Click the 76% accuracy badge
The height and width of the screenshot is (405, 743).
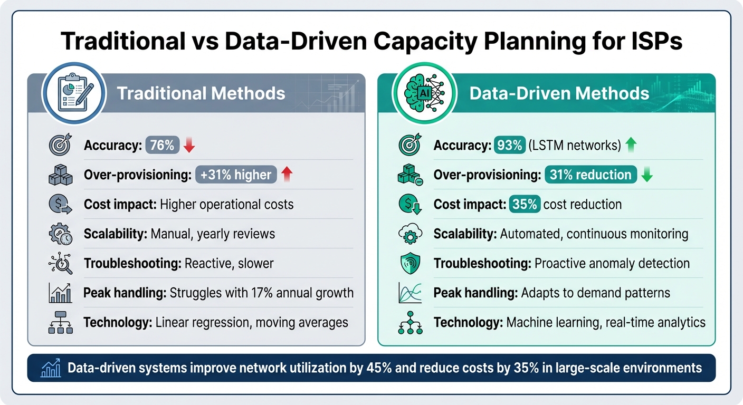point(163,145)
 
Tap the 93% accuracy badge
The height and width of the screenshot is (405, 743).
point(509,145)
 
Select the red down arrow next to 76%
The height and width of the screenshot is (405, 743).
point(189,146)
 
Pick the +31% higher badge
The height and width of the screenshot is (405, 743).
point(236,175)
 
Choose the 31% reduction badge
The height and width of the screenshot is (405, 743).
point(590,175)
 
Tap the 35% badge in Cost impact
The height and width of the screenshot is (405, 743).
point(525,204)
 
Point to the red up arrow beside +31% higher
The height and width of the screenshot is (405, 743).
point(287,175)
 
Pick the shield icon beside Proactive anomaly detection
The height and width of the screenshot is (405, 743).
point(410,263)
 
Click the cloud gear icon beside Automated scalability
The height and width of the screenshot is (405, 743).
point(410,234)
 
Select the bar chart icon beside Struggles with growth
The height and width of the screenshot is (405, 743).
point(60,293)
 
